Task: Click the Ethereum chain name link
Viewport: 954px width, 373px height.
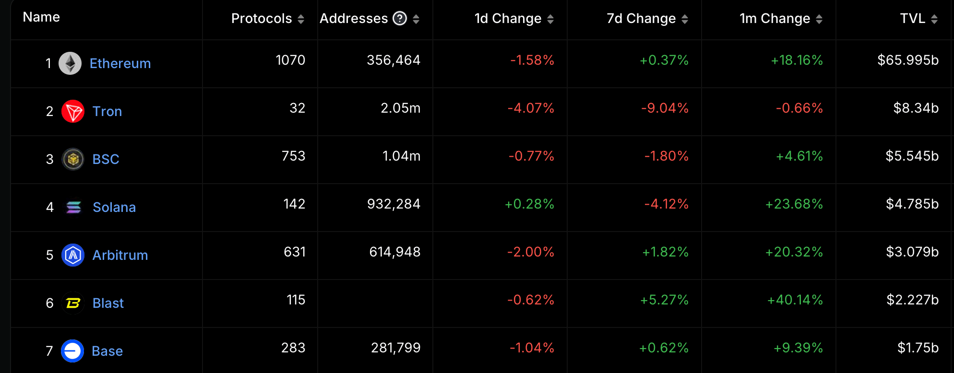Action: click(x=120, y=63)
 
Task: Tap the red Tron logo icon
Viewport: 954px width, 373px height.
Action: click(x=73, y=111)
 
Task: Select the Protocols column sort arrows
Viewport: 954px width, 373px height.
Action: click(x=301, y=19)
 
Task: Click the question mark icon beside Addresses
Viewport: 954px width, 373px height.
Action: click(x=400, y=18)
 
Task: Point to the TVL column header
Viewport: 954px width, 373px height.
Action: click(x=912, y=18)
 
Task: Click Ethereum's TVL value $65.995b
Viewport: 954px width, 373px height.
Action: click(x=907, y=60)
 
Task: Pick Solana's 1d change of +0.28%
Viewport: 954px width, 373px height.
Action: click(x=529, y=204)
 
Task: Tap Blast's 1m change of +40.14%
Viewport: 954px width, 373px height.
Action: click(x=795, y=300)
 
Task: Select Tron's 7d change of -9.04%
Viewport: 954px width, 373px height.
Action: click(x=665, y=108)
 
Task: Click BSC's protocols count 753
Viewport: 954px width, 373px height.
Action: click(x=293, y=156)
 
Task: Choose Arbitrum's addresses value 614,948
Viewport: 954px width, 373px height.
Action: click(x=394, y=252)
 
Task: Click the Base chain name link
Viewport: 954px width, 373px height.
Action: click(x=107, y=351)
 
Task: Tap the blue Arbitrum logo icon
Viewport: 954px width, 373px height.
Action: click(x=73, y=255)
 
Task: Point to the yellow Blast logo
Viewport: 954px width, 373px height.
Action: click(x=73, y=303)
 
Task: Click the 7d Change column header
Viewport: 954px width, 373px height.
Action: click(x=641, y=18)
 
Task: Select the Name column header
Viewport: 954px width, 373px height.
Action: click(x=41, y=17)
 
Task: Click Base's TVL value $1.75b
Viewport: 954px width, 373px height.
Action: click(x=918, y=348)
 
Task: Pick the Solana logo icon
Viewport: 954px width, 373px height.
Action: click(x=73, y=207)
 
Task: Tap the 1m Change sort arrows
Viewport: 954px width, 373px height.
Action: click(x=819, y=19)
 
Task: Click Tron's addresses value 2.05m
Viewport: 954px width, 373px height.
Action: click(x=400, y=108)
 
